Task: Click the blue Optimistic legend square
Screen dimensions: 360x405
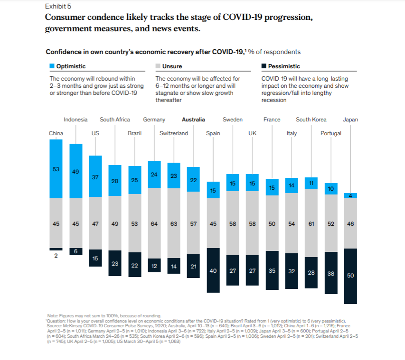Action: click(52, 66)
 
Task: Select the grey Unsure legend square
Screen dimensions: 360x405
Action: click(158, 66)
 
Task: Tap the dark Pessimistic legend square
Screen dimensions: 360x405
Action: click(264, 66)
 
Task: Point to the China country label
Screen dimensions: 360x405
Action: click(56, 133)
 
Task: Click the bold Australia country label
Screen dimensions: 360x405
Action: click(193, 120)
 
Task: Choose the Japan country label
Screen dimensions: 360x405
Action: click(350, 120)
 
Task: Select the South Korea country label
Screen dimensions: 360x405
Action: click(311, 120)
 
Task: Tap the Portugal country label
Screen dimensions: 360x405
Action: click(331, 133)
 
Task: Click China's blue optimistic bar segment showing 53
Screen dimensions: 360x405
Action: click(56, 169)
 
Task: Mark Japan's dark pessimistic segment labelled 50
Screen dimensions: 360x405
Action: click(350, 276)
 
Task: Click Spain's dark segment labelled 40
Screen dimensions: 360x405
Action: click(213, 270)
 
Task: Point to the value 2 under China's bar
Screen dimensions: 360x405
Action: click(56, 255)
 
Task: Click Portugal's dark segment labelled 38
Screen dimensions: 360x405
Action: click(331, 273)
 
